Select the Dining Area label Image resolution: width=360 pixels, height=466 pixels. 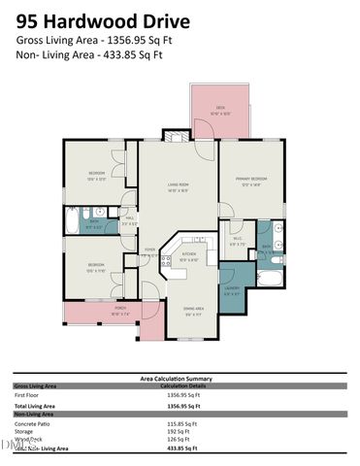pos(193,311)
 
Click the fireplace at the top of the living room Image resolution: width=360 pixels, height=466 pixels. pos(176,137)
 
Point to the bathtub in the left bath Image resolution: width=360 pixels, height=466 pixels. pos(85,217)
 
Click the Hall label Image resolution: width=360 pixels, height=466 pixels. pos(130,220)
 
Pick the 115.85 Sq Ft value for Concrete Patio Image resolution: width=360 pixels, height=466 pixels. pos(182,424)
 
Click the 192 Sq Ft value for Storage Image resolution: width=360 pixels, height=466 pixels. pos(177,433)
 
